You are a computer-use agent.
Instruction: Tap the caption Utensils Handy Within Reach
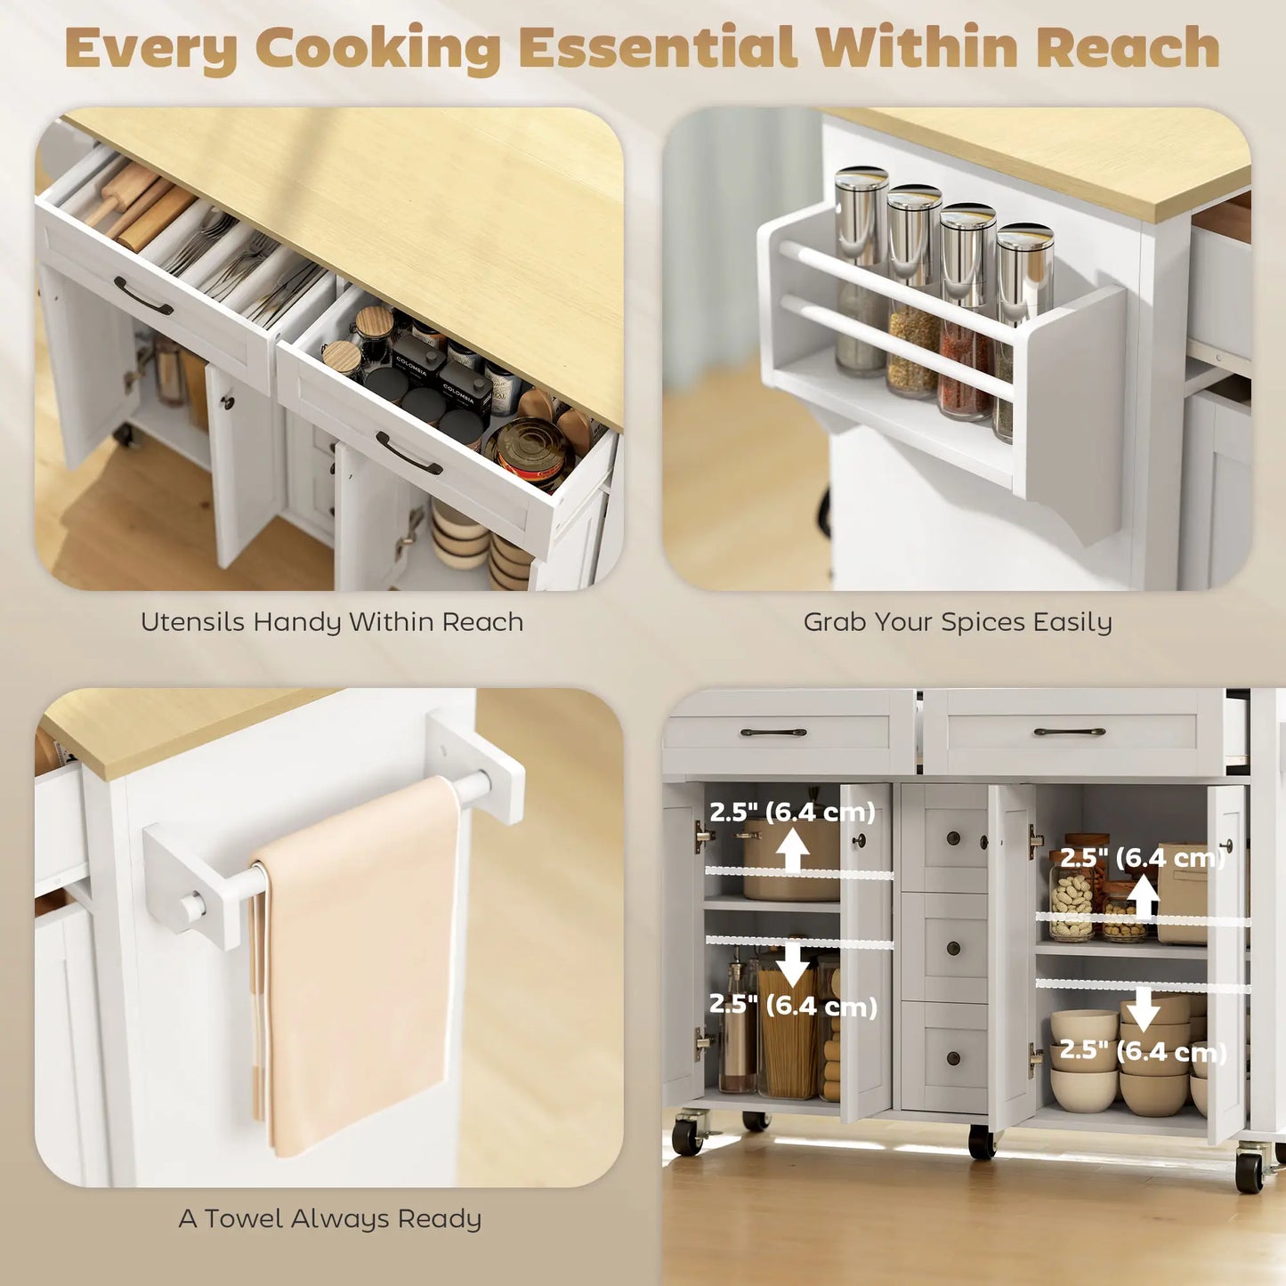coord(332,622)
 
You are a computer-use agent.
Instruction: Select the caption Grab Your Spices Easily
coord(958,622)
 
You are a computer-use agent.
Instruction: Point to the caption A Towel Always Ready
coord(330,1218)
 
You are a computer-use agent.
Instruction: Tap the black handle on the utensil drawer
coord(142,296)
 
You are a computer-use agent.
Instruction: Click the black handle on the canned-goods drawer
coord(408,453)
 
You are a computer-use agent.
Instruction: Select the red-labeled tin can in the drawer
coord(531,449)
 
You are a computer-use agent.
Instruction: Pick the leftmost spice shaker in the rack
coord(861,267)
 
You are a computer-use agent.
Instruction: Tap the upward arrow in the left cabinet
coord(792,850)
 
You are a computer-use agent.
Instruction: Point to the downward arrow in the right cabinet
coord(1143,1008)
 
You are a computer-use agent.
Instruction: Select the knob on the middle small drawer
coord(953,949)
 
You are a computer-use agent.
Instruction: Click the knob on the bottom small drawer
coord(953,1058)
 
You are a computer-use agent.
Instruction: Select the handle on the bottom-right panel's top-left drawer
coord(772,732)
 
